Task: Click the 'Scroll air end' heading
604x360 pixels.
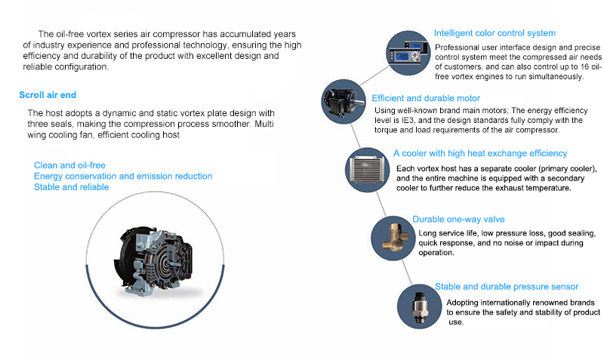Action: point(48,95)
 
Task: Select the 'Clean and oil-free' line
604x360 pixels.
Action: point(69,165)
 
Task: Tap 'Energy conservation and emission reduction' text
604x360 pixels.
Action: point(123,176)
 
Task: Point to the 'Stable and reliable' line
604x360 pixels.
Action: point(71,187)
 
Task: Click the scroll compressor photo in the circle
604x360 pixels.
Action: point(155,261)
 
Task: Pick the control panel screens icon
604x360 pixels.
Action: point(408,53)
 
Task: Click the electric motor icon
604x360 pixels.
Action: point(344,102)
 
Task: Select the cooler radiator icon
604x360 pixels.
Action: point(368,170)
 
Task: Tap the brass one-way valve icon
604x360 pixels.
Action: point(393,238)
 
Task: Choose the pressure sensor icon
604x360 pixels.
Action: point(420,306)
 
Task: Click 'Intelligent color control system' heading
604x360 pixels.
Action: point(495,33)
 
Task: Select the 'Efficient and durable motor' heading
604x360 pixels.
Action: point(426,98)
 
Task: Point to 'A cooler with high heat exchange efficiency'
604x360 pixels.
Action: point(480,153)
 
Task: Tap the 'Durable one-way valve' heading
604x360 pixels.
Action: point(458,219)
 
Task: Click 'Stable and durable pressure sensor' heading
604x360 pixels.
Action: point(507,287)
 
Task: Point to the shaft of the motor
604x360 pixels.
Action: point(359,102)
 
